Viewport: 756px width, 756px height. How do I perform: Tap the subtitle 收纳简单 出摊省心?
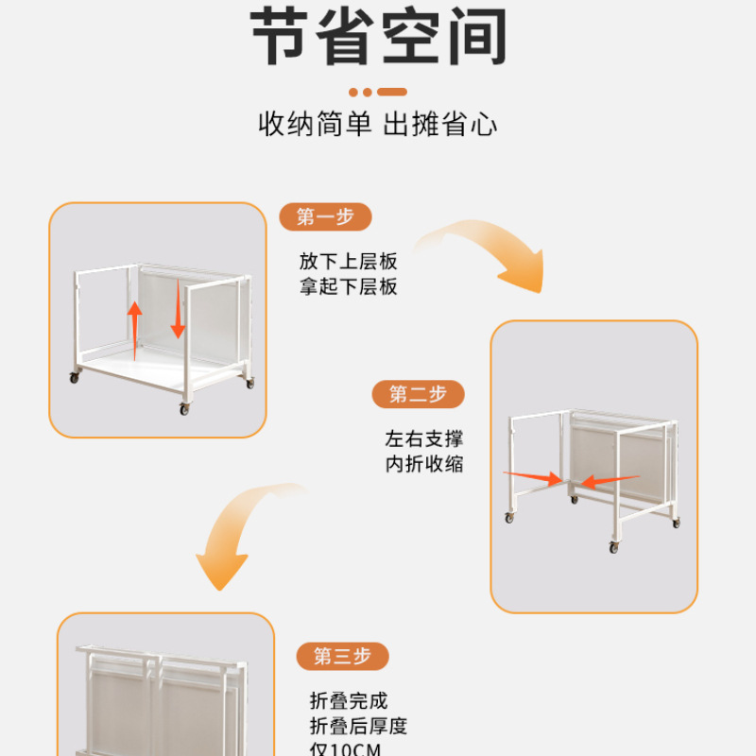(378, 124)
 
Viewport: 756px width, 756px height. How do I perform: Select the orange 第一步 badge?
(325, 217)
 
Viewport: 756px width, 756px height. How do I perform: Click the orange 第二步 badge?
(418, 394)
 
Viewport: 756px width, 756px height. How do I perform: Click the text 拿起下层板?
(349, 286)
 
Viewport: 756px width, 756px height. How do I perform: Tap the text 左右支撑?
(424, 439)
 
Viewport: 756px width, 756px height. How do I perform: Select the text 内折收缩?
(424, 464)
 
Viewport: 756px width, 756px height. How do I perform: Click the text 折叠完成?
(349, 701)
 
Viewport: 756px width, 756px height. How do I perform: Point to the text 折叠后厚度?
(358, 726)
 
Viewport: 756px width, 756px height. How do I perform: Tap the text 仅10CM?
(345, 748)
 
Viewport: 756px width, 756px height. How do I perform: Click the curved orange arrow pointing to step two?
(491, 250)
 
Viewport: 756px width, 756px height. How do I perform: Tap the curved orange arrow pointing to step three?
(236, 534)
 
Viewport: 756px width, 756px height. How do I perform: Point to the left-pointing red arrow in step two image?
(606, 482)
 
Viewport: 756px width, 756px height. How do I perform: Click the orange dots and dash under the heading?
(377, 93)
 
